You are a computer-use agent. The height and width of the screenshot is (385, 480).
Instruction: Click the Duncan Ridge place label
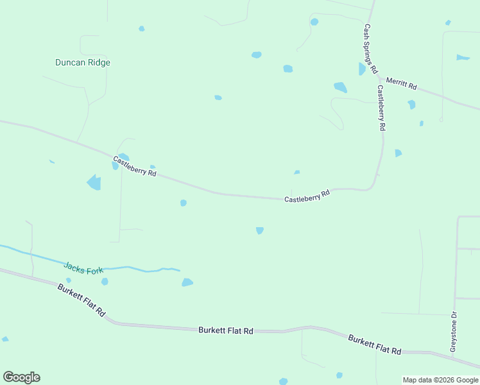83,62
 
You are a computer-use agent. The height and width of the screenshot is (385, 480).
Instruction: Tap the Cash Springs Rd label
370,49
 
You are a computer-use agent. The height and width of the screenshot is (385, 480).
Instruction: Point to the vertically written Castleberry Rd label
381,108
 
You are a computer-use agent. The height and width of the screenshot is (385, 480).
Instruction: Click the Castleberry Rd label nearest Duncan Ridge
135,166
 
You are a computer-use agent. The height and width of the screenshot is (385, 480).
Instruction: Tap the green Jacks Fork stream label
83,267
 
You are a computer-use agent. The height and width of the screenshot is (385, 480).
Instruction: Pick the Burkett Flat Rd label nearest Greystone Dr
375,345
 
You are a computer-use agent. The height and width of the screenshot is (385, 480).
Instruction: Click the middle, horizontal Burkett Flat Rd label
226,330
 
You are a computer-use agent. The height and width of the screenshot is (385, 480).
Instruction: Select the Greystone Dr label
453,331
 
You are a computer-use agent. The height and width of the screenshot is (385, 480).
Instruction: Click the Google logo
21,377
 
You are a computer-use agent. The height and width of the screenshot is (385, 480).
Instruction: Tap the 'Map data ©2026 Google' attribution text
441,380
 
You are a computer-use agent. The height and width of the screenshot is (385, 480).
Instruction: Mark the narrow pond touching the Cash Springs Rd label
363,69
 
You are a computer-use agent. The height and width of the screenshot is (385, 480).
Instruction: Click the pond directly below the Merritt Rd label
411,104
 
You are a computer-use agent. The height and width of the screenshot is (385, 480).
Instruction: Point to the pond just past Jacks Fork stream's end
187,282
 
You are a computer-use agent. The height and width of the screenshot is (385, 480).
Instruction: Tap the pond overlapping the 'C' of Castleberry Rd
116,165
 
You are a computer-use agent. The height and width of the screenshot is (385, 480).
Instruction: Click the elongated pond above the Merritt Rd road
463,58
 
